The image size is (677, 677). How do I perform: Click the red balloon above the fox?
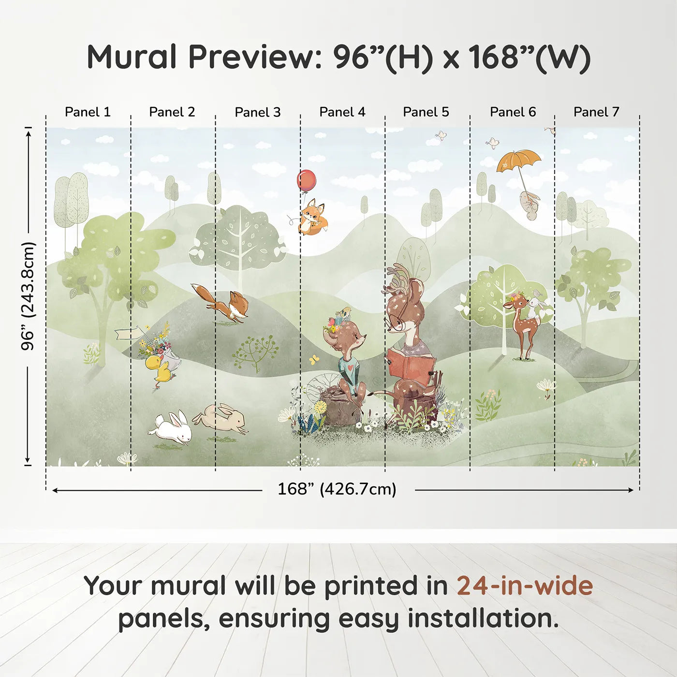click(307, 180)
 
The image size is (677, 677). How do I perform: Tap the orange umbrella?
click(518, 160)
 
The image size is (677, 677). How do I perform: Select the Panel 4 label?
click(342, 112)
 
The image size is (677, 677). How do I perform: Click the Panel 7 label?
click(596, 112)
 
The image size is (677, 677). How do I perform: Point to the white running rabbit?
click(171, 428)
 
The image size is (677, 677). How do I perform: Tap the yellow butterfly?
click(314, 359)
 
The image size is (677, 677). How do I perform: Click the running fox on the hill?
click(223, 303)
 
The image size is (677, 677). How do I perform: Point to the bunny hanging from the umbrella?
click(530, 206)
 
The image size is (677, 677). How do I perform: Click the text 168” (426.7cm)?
click(337, 489)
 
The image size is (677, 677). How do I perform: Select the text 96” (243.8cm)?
click(29, 296)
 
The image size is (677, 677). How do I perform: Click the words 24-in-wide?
click(525, 586)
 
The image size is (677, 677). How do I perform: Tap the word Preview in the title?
click(251, 57)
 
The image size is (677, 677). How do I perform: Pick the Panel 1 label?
click(88, 112)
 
